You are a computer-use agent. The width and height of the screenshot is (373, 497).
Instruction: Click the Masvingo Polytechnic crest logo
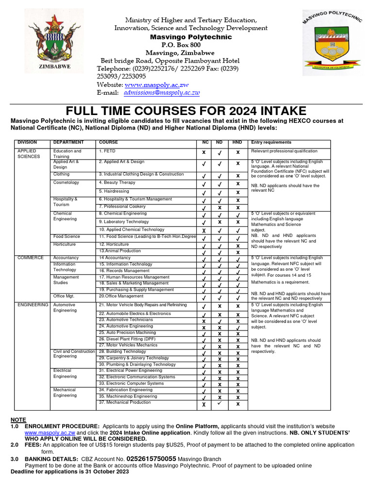coord(332,43)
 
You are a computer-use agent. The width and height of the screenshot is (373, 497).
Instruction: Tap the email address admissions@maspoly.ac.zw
coord(162,93)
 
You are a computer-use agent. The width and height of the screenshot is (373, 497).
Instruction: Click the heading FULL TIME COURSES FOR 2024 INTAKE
coord(186,111)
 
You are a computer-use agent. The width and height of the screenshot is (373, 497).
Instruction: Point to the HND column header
coord(237,143)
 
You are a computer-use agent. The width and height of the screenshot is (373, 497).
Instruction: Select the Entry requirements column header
coord(271,143)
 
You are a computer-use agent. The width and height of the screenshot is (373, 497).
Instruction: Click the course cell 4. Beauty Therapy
coord(117,182)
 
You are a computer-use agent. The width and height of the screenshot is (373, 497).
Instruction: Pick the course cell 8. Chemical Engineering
coord(122,214)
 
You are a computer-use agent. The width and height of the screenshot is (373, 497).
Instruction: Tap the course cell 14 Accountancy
coord(115,258)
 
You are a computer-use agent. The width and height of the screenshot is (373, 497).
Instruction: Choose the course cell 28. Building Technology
coord(122,351)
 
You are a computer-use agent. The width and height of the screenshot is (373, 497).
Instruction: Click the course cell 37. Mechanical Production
coord(125,402)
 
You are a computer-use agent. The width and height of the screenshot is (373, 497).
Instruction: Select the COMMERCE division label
coord(30,258)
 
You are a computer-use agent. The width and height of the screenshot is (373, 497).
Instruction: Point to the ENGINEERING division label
coord(33,305)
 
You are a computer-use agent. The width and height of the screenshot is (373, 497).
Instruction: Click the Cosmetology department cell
coord(66,182)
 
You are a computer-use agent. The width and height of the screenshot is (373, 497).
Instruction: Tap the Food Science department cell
coord(67,236)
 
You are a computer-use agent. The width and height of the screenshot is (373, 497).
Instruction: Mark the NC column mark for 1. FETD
coord(203,152)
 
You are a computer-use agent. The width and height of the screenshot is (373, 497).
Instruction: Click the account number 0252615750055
coord(151,459)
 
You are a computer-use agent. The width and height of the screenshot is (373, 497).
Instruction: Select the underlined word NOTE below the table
coord(18,420)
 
